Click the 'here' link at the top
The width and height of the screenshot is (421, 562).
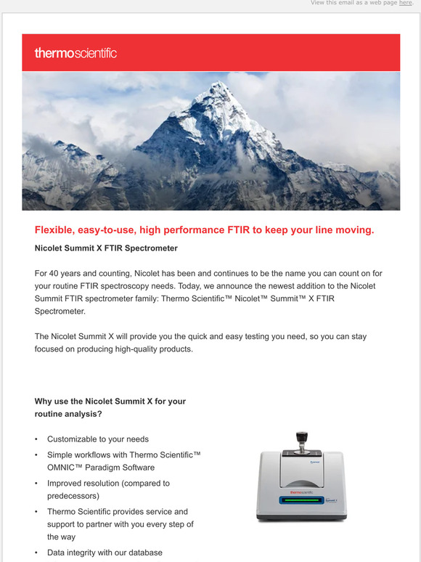[405, 3]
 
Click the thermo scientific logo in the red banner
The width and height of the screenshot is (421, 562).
[75, 53]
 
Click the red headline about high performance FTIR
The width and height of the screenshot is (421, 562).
[204, 230]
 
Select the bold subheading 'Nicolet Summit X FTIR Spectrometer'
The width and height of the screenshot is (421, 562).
[106, 248]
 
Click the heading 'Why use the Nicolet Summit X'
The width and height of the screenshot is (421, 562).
[110, 401]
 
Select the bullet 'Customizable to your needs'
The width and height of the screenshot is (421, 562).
[98, 439]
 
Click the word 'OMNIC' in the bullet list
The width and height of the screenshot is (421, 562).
[63, 467]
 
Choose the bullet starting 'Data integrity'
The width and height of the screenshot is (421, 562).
[105, 553]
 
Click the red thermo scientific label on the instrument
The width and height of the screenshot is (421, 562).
[301, 492]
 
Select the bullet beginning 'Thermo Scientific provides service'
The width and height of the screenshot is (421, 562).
[118, 511]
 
